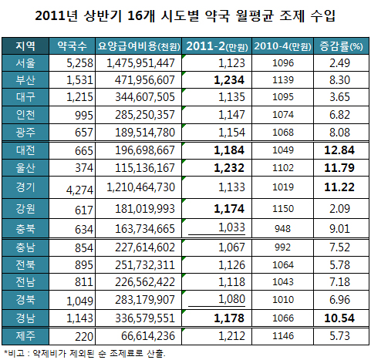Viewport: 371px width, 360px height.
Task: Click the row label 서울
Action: (25, 63)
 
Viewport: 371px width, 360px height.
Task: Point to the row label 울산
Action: (25, 167)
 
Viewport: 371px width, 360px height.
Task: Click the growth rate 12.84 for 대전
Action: (338, 149)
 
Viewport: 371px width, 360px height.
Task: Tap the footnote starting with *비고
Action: (85, 352)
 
